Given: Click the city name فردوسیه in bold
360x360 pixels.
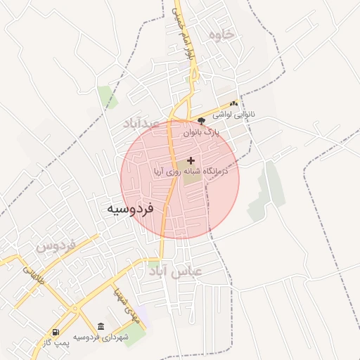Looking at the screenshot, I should point(130,209).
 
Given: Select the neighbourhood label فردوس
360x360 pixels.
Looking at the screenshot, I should point(56,247).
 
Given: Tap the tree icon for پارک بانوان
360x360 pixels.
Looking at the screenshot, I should point(202,122).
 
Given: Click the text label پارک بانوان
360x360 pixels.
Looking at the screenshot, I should point(202,131).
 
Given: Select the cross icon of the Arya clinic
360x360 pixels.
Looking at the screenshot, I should point(191,160).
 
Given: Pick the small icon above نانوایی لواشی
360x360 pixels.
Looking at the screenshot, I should point(233,103).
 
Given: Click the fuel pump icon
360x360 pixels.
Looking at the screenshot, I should point(56,332).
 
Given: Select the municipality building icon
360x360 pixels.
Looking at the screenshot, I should point(101,327).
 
